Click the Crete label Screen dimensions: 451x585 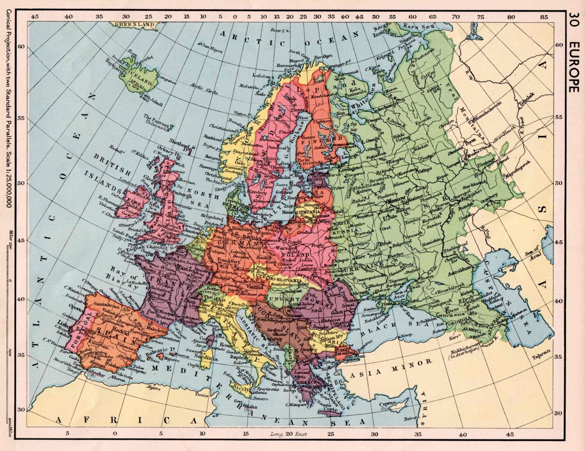point(330,410)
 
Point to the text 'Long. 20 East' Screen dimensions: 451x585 point(288,434)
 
